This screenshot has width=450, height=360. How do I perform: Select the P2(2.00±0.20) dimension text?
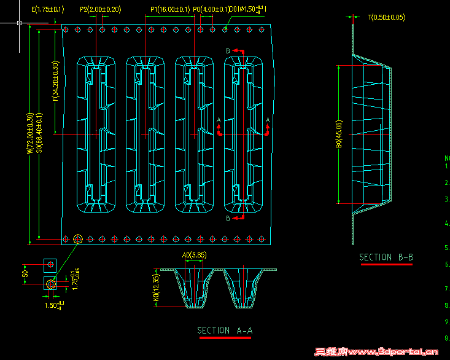coord(101,9)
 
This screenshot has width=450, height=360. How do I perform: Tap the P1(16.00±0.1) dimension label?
coord(170,9)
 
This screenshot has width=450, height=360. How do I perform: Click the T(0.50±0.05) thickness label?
coord(387,18)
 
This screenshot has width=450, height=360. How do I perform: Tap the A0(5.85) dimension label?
coord(194,255)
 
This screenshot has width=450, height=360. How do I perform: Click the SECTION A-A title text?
coord(225,331)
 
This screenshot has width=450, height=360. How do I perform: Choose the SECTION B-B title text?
coord(386,257)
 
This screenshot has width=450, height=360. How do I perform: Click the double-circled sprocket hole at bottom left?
coord(78,238)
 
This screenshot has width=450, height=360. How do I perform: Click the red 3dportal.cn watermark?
coord(376,353)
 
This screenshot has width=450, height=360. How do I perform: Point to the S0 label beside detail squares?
coord(25,272)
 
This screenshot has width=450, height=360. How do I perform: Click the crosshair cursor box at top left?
coord(20,23)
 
